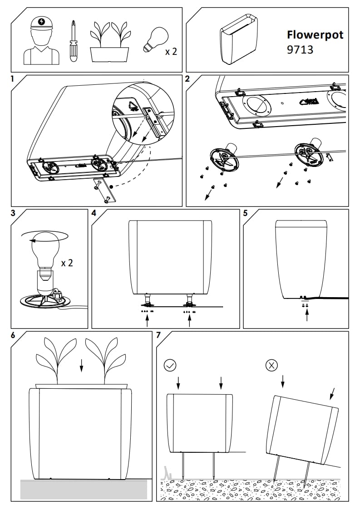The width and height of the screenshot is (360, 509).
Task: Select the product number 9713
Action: pyautogui.click(x=300, y=49)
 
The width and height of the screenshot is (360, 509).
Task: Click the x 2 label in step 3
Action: pyautogui.click(x=67, y=263)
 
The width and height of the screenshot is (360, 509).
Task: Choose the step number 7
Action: pyautogui.click(x=158, y=335)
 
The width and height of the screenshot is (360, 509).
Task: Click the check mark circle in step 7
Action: pyautogui.click(x=170, y=365)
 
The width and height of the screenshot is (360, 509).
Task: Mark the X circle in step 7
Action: pyautogui.click(x=271, y=365)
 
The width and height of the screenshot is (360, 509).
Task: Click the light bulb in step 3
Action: pyautogui.click(x=42, y=252)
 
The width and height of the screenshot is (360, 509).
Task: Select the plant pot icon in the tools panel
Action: pyautogui.click(x=108, y=43)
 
